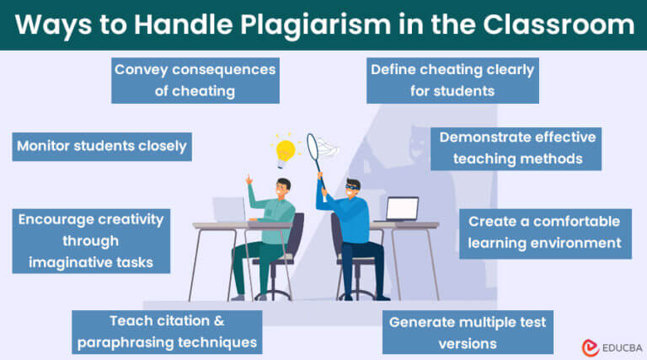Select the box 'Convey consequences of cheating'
(x=195, y=80)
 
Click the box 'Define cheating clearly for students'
(x=453, y=80)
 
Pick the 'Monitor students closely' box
(x=101, y=145)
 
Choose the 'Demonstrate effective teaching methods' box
(x=517, y=148)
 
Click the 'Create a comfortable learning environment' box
(x=544, y=232)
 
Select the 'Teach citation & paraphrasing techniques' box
(x=165, y=331)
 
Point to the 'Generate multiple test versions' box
(x=467, y=332)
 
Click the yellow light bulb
(x=286, y=150)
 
